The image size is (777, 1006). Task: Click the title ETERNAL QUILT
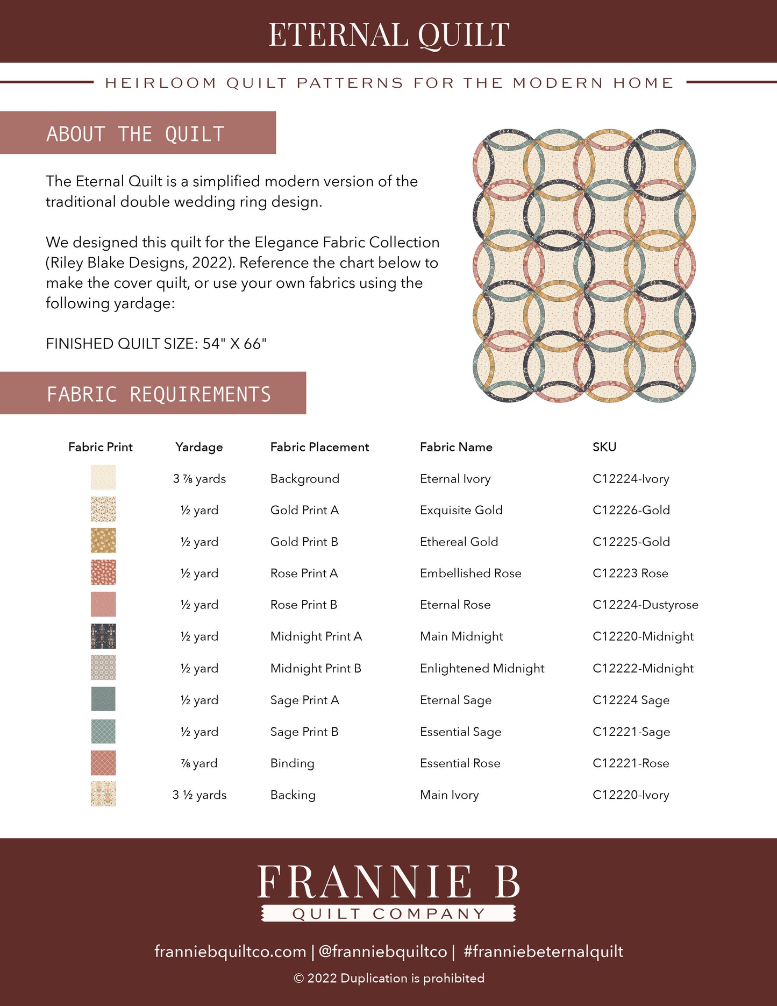[389, 35]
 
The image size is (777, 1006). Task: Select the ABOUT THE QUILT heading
[135, 134]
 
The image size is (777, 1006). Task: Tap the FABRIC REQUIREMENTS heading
[159, 394]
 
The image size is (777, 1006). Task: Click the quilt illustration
[584, 265]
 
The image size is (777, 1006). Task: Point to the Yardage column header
[199, 447]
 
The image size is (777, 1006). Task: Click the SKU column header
[604, 447]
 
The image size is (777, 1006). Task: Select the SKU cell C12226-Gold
[631, 510]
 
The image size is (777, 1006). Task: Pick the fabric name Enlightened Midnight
[482, 668]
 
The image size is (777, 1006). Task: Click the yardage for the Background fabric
[199, 479]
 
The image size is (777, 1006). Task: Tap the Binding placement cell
[292, 763]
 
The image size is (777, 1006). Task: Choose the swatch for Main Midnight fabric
[103, 636]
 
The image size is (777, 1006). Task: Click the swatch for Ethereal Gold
[103, 541]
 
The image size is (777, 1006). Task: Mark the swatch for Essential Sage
[103, 732]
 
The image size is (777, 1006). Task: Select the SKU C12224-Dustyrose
[645, 605]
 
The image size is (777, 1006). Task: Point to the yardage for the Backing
[199, 795]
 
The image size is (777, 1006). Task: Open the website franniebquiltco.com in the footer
[230, 951]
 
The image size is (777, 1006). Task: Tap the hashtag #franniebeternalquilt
[543, 951]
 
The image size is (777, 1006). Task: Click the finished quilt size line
[156, 344]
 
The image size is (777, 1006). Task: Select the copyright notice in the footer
[389, 978]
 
